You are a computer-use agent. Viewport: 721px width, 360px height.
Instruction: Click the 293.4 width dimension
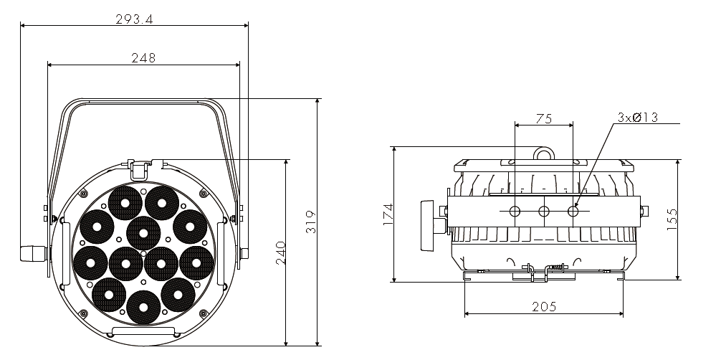[134, 19]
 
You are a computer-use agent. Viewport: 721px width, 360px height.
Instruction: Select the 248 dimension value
[143, 58]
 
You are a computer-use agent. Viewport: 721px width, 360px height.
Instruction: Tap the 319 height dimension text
[311, 222]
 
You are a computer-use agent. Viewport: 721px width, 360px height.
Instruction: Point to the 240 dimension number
[280, 252]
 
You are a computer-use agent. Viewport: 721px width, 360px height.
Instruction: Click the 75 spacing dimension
[543, 119]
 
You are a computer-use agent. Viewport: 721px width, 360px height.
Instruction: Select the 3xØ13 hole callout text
[637, 118]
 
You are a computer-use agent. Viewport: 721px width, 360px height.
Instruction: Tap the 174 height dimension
[388, 214]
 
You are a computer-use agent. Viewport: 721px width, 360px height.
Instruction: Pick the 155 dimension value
[672, 219]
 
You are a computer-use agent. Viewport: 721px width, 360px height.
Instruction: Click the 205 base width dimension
[544, 307]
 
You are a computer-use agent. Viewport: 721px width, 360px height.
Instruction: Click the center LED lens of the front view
[143, 233]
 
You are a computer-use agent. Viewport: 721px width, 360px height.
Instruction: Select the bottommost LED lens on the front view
[143, 307]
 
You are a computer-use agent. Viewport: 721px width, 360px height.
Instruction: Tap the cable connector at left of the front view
[34, 254]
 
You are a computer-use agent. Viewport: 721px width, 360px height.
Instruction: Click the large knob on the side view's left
[428, 225]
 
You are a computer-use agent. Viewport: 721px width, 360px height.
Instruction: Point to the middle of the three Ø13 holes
[544, 212]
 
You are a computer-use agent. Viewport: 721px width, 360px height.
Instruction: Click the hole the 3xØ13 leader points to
[573, 212]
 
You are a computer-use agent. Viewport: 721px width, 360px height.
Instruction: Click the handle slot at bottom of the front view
[143, 331]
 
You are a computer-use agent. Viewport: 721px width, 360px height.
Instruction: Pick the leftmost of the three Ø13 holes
[515, 212]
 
